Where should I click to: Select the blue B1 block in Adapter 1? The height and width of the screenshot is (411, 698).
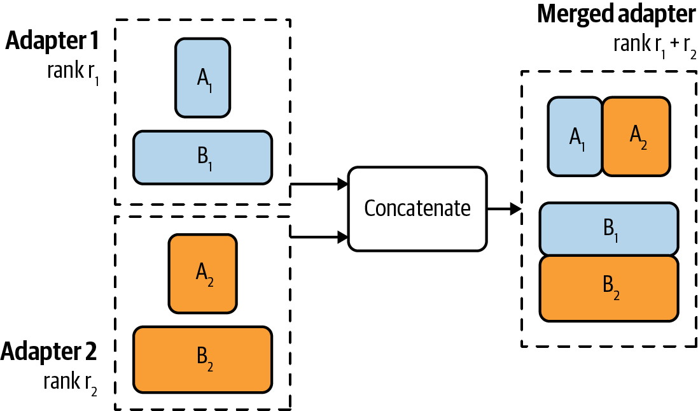pos(202,157)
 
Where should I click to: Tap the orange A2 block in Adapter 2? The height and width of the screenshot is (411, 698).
pos(202,274)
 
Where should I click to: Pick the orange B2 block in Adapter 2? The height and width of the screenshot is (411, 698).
pos(202,359)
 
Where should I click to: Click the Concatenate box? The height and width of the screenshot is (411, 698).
pos(417,208)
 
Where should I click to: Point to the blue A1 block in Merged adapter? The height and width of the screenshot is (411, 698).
pos(575,136)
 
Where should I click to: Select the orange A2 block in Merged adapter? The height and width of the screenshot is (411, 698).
pos(636,136)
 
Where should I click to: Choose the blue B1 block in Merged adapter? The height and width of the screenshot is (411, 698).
pos(608,229)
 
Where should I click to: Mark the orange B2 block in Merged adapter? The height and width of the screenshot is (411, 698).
pos(608,288)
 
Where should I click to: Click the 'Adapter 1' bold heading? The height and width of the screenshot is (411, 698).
pos(53,41)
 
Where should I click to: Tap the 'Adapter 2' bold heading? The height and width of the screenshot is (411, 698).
pos(50,351)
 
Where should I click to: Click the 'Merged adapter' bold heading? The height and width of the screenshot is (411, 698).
pos(617,14)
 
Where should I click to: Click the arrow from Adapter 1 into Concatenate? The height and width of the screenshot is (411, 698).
pos(318,185)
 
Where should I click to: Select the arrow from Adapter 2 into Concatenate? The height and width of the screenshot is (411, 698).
pos(318,237)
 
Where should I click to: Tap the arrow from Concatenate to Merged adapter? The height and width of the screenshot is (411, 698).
pos(504,208)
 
